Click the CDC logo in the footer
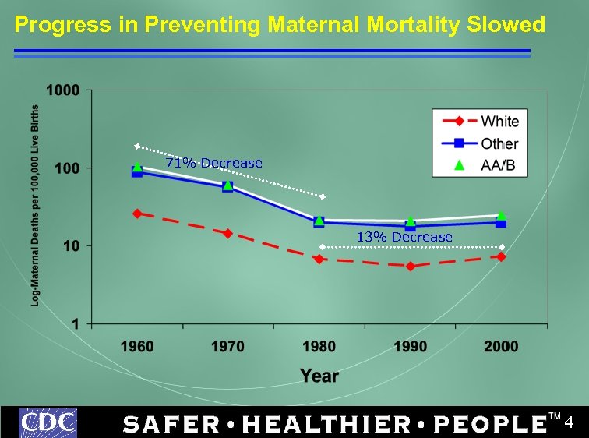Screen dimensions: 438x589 (x=48, y=422)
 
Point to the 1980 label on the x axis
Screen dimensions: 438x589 (x=319, y=347)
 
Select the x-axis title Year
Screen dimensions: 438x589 (x=319, y=376)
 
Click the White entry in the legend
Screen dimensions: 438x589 (x=499, y=121)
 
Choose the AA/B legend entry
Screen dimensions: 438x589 (x=498, y=165)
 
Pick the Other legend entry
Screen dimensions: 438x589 (x=499, y=143)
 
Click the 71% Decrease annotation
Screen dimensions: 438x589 (x=213, y=163)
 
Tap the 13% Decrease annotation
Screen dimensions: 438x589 (x=404, y=237)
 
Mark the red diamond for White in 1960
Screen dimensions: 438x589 (x=137, y=214)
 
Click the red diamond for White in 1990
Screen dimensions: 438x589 (x=411, y=267)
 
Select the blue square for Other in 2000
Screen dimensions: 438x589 (x=501, y=223)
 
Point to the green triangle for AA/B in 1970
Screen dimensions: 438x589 (x=227, y=185)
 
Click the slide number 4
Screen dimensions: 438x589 (x=569, y=423)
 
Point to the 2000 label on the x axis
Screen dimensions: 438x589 (x=501, y=347)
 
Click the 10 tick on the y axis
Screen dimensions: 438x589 (x=71, y=246)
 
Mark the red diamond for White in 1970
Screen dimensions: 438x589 (x=227, y=233)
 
